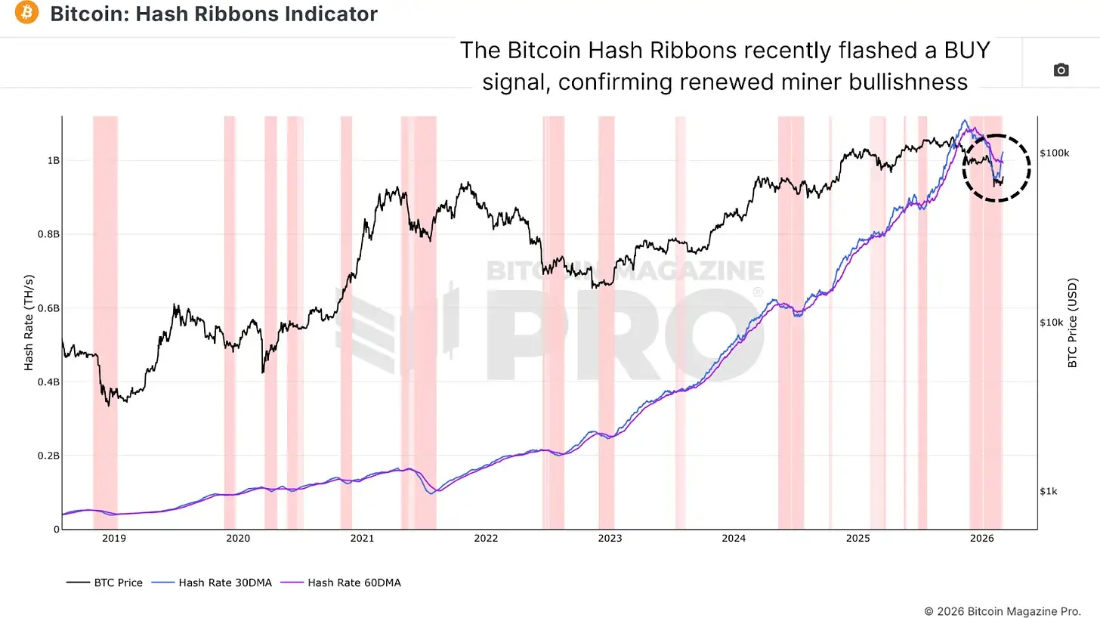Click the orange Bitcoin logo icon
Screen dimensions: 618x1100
[x=26, y=13]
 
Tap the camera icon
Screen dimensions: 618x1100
[x=1061, y=70]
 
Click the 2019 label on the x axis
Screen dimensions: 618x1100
[x=114, y=539]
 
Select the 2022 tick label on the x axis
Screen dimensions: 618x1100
[x=486, y=539]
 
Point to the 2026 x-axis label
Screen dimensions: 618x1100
[x=981, y=539]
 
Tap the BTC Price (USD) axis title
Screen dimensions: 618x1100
[x=1072, y=322]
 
